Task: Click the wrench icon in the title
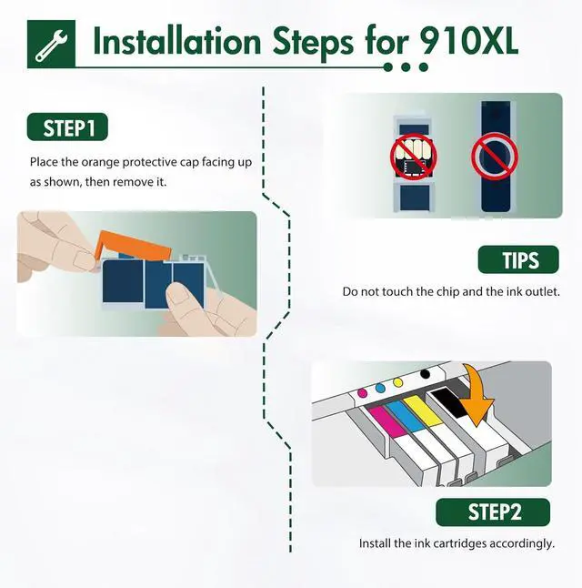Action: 51,46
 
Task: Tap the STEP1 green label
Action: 67,127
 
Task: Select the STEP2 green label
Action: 493,512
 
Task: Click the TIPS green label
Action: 518,259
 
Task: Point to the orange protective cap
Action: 133,245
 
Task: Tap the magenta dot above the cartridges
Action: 363,393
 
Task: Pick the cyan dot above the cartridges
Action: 380,388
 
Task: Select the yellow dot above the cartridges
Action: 398,383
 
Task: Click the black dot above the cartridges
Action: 425,373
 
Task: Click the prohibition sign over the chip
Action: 414,157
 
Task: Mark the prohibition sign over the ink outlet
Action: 495,157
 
